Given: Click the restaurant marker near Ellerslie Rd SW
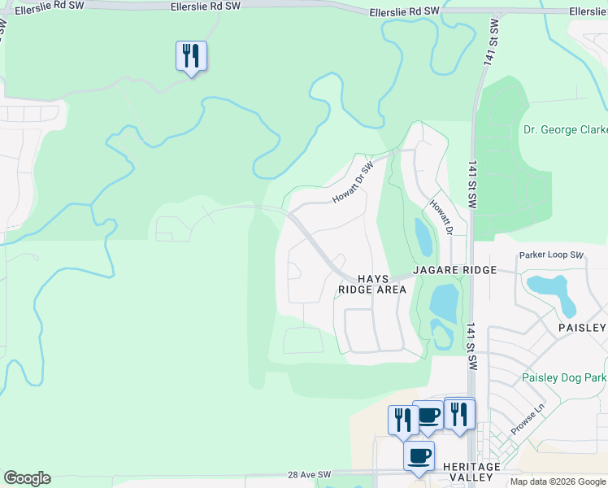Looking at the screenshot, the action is tap(191, 56).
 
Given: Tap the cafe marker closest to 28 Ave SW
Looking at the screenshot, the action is tap(419, 455).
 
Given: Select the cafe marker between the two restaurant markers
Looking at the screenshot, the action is tap(428, 416).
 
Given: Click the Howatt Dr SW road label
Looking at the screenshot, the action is tap(352, 183).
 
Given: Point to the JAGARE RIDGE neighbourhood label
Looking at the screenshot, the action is tap(453, 269).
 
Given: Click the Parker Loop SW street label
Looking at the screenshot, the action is tap(552, 255).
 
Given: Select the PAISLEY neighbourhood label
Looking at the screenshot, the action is tap(582, 328).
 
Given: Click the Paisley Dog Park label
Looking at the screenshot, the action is tap(563, 378).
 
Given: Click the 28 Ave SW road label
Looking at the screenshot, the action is tap(310, 474).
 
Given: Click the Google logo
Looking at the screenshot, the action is tap(27, 478).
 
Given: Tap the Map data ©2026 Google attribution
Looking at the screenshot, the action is tap(557, 481).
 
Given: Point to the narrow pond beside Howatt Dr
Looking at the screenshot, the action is tap(423, 237).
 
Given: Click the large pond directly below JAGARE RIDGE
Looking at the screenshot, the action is tap(445, 302).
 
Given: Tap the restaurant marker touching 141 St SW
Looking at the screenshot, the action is tap(459, 414).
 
